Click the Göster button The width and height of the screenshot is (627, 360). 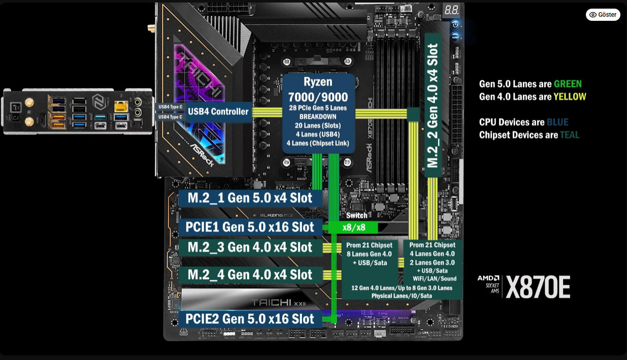(x=603, y=15)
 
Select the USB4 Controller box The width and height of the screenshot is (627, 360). (x=218, y=112)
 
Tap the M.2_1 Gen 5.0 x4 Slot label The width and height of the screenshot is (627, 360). (x=250, y=198)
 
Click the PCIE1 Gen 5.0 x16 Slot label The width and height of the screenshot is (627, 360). (x=250, y=227)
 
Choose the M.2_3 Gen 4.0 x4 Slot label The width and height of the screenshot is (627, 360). (x=250, y=247)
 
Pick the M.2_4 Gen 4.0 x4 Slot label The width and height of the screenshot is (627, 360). (x=250, y=275)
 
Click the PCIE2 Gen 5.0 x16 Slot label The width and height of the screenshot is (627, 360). (x=250, y=319)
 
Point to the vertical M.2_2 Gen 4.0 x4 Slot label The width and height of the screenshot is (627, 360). (x=432, y=106)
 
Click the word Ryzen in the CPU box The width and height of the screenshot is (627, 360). (x=318, y=82)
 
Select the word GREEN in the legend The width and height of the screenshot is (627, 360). (x=568, y=84)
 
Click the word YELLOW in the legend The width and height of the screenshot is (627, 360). (x=570, y=97)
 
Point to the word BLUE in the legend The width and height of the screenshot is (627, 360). (x=557, y=122)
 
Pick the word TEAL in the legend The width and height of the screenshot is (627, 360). (x=569, y=135)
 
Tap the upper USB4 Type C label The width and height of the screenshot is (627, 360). (x=170, y=107)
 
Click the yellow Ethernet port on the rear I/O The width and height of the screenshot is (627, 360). (x=120, y=106)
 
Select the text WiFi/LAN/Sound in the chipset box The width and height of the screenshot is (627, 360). (x=435, y=278)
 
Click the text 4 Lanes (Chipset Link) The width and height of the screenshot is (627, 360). (x=318, y=144)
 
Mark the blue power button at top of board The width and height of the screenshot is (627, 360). (x=455, y=24)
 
